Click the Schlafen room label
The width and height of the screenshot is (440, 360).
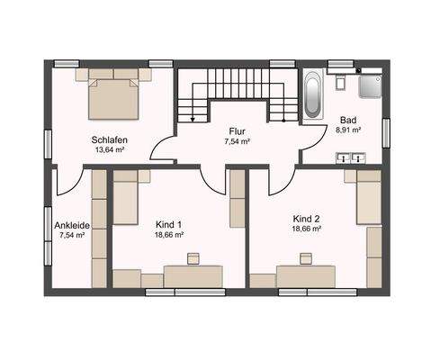coord(108,139)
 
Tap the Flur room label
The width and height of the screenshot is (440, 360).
coord(237,130)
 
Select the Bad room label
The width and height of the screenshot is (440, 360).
coord(348,120)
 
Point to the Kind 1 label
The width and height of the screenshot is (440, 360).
coord(168,223)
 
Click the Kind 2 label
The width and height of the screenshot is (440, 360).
coord(306,218)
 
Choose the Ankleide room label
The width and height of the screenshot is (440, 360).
coord(71,225)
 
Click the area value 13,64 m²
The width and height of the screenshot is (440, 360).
coord(108,151)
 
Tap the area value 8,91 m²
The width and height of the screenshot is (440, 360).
coord(348,130)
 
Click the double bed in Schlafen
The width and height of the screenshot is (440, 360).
coord(114,97)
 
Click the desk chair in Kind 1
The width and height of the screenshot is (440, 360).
coord(192,259)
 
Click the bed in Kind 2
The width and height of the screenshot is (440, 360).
coord(368,198)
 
